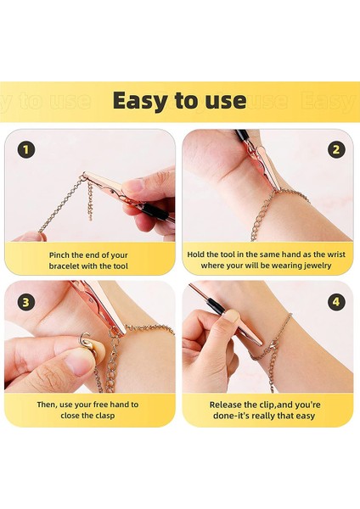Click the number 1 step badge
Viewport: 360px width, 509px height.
(26, 150)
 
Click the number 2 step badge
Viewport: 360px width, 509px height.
(336, 149)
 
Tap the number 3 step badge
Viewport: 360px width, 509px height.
(25, 302)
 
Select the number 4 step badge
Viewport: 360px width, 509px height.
(336, 302)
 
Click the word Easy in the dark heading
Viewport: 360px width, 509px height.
(142, 101)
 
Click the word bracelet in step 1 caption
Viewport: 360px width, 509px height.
(64, 266)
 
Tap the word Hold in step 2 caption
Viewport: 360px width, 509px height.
(195, 255)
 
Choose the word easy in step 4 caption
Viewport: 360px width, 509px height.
(305, 417)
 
